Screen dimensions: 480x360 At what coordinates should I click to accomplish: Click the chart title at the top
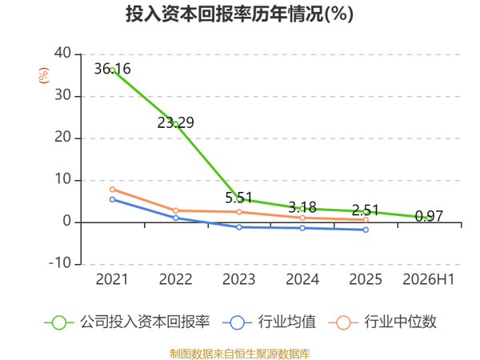coord(240,14)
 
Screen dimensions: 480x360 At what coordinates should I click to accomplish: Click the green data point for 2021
coord(112,70)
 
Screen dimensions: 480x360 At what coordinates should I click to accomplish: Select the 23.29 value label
coord(176,122)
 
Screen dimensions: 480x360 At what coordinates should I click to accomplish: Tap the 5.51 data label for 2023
coord(238,198)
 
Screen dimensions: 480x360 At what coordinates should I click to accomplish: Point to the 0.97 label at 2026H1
coord(429,217)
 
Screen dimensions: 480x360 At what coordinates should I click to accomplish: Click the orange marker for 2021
coord(112,189)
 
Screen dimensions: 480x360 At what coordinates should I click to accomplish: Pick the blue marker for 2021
coord(112,199)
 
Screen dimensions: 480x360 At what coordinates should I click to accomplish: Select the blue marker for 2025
coord(366,230)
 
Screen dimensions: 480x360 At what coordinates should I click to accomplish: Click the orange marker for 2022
coord(176,210)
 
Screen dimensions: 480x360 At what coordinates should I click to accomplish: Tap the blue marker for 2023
coord(239,227)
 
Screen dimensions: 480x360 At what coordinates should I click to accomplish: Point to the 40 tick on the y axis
coord(62,54)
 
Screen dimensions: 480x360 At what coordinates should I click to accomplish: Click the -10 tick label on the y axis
coord(60,263)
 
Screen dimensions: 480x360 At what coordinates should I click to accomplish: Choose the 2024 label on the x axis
coord(302,279)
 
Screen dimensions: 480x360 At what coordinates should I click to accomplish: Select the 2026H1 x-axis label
coord(429,279)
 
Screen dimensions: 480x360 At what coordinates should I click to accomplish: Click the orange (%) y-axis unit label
coord(43,75)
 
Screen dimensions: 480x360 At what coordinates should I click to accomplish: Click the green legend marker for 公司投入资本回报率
coord(58,322)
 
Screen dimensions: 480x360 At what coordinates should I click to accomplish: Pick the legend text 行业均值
coord(287,322)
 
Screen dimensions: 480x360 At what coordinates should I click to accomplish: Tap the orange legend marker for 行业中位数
coord(343,322)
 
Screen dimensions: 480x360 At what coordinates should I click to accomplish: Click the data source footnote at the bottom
coord(240,354)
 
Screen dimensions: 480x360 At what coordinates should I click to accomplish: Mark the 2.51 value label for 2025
coord(366,210)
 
